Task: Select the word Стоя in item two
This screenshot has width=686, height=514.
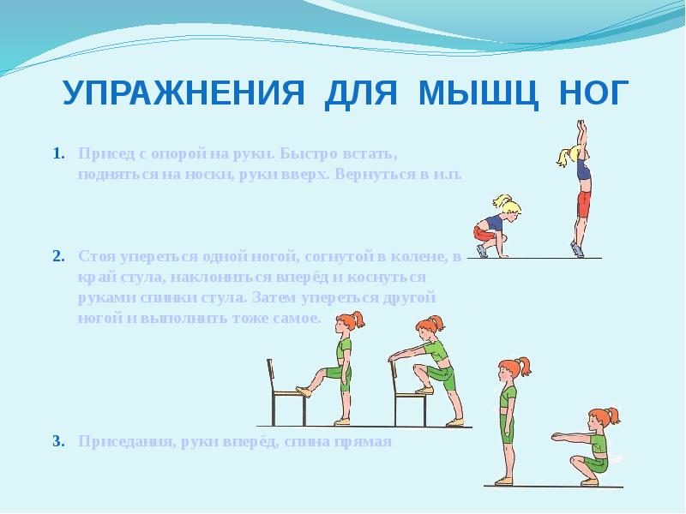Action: click(x=93, y=256)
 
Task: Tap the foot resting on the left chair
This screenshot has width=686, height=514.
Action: click(x=303, y=391)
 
